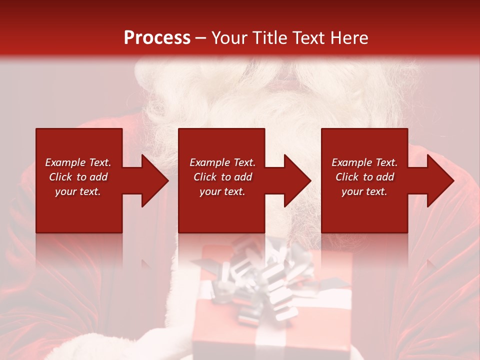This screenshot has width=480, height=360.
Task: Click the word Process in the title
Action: pos(157,37)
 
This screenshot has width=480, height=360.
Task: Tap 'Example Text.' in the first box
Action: pos(78,162)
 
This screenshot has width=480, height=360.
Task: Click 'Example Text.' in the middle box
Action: pos(222,162)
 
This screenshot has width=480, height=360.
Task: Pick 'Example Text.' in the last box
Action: pos(364,162)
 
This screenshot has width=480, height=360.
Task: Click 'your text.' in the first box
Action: pos(78,191)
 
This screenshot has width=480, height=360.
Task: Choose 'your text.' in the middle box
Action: pos(222,191)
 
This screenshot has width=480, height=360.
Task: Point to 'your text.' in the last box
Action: pos(364,191)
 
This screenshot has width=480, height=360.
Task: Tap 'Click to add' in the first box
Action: pos(78,177)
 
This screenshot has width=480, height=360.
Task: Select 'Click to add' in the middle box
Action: pos(222,177)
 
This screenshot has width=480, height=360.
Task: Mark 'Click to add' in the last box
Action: pos(364,177)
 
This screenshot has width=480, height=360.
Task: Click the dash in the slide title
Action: pos(200,38)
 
